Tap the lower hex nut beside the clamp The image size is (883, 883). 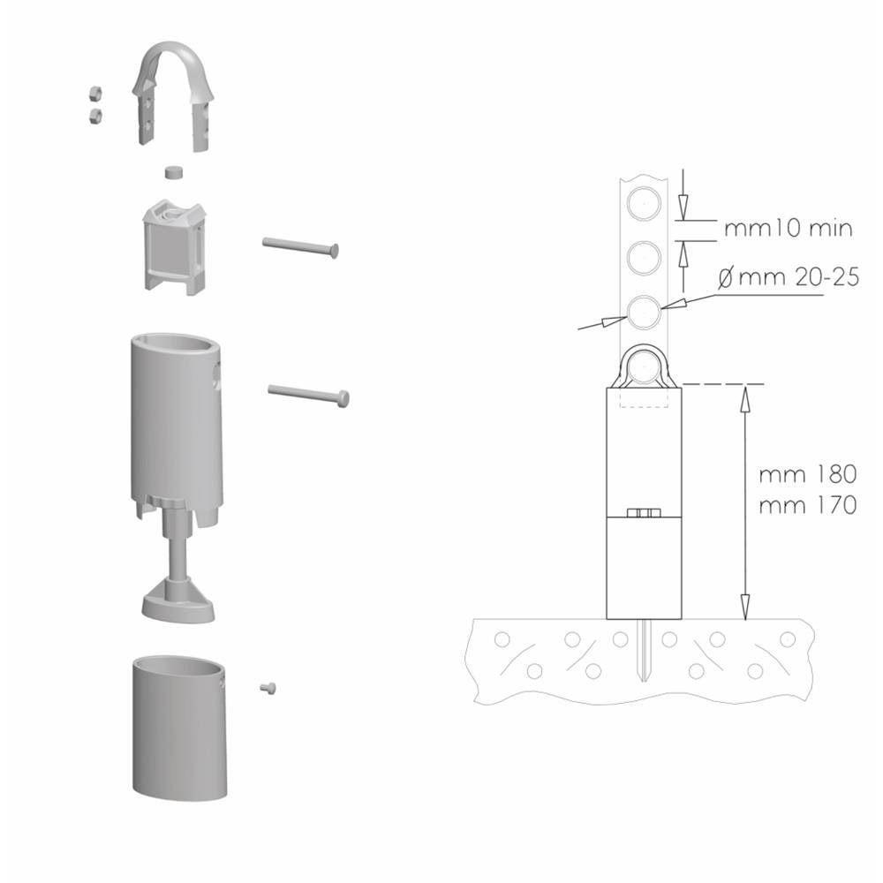[x=95, y=116]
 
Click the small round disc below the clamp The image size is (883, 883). [x=175, y=171]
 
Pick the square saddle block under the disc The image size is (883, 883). [x=175, y=245]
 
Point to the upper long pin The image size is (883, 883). [x=300, y=246]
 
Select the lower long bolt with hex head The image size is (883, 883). [x=308, y=394]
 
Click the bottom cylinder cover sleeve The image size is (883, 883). [x=179, y=727]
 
